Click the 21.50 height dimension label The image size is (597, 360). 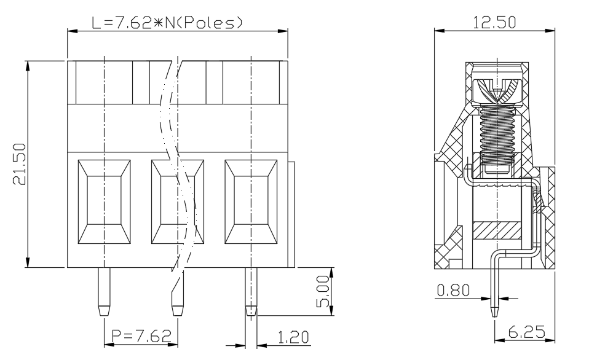[19, 164]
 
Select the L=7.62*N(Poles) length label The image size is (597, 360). [167, 23]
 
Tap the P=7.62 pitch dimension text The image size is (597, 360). [141, 335]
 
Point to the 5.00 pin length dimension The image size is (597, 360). [323, 291]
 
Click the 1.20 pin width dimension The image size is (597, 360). [293, 337]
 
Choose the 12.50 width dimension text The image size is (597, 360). [494, 22]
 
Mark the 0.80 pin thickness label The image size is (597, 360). [453, 291]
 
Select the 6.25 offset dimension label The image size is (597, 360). [526, 332]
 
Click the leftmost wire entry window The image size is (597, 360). [105, 202]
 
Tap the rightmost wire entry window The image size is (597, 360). [251, 202]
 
